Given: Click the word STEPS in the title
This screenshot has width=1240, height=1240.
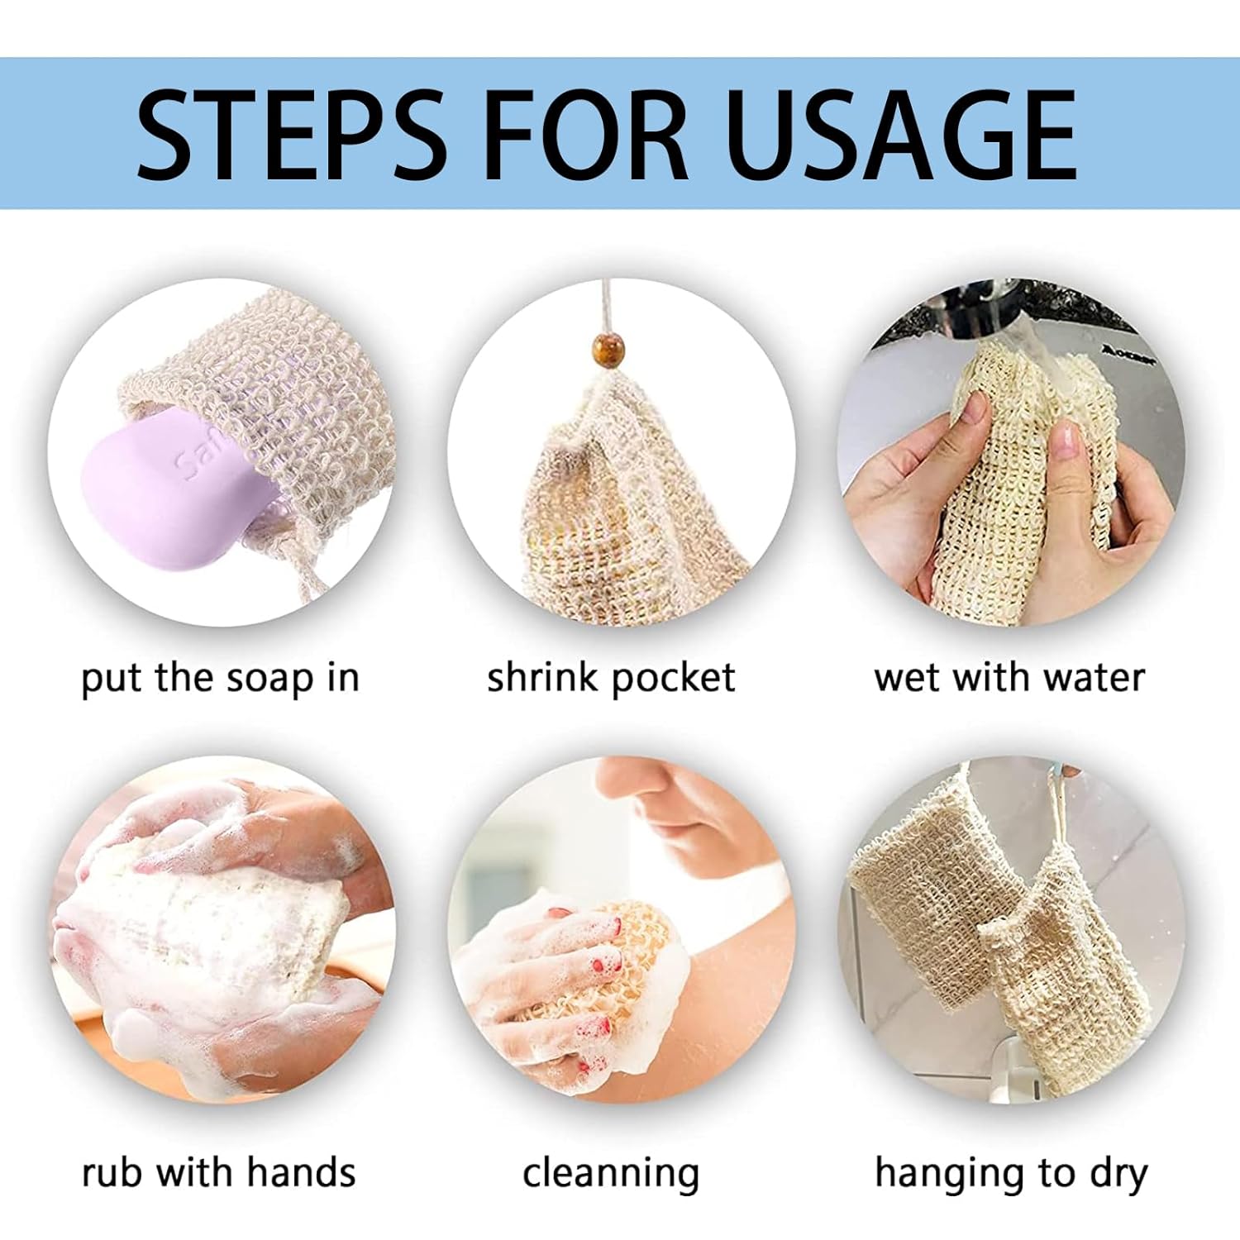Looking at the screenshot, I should (291, 134).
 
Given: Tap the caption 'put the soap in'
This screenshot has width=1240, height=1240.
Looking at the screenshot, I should (220, 679).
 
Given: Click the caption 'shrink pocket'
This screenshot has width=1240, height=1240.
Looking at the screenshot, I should (610, 679).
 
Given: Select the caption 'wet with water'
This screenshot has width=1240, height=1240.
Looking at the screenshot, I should (1009, 678).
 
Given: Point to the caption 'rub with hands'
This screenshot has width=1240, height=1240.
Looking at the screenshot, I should (219, 1172).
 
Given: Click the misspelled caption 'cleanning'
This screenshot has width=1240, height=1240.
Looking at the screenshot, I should (611, 1173).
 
